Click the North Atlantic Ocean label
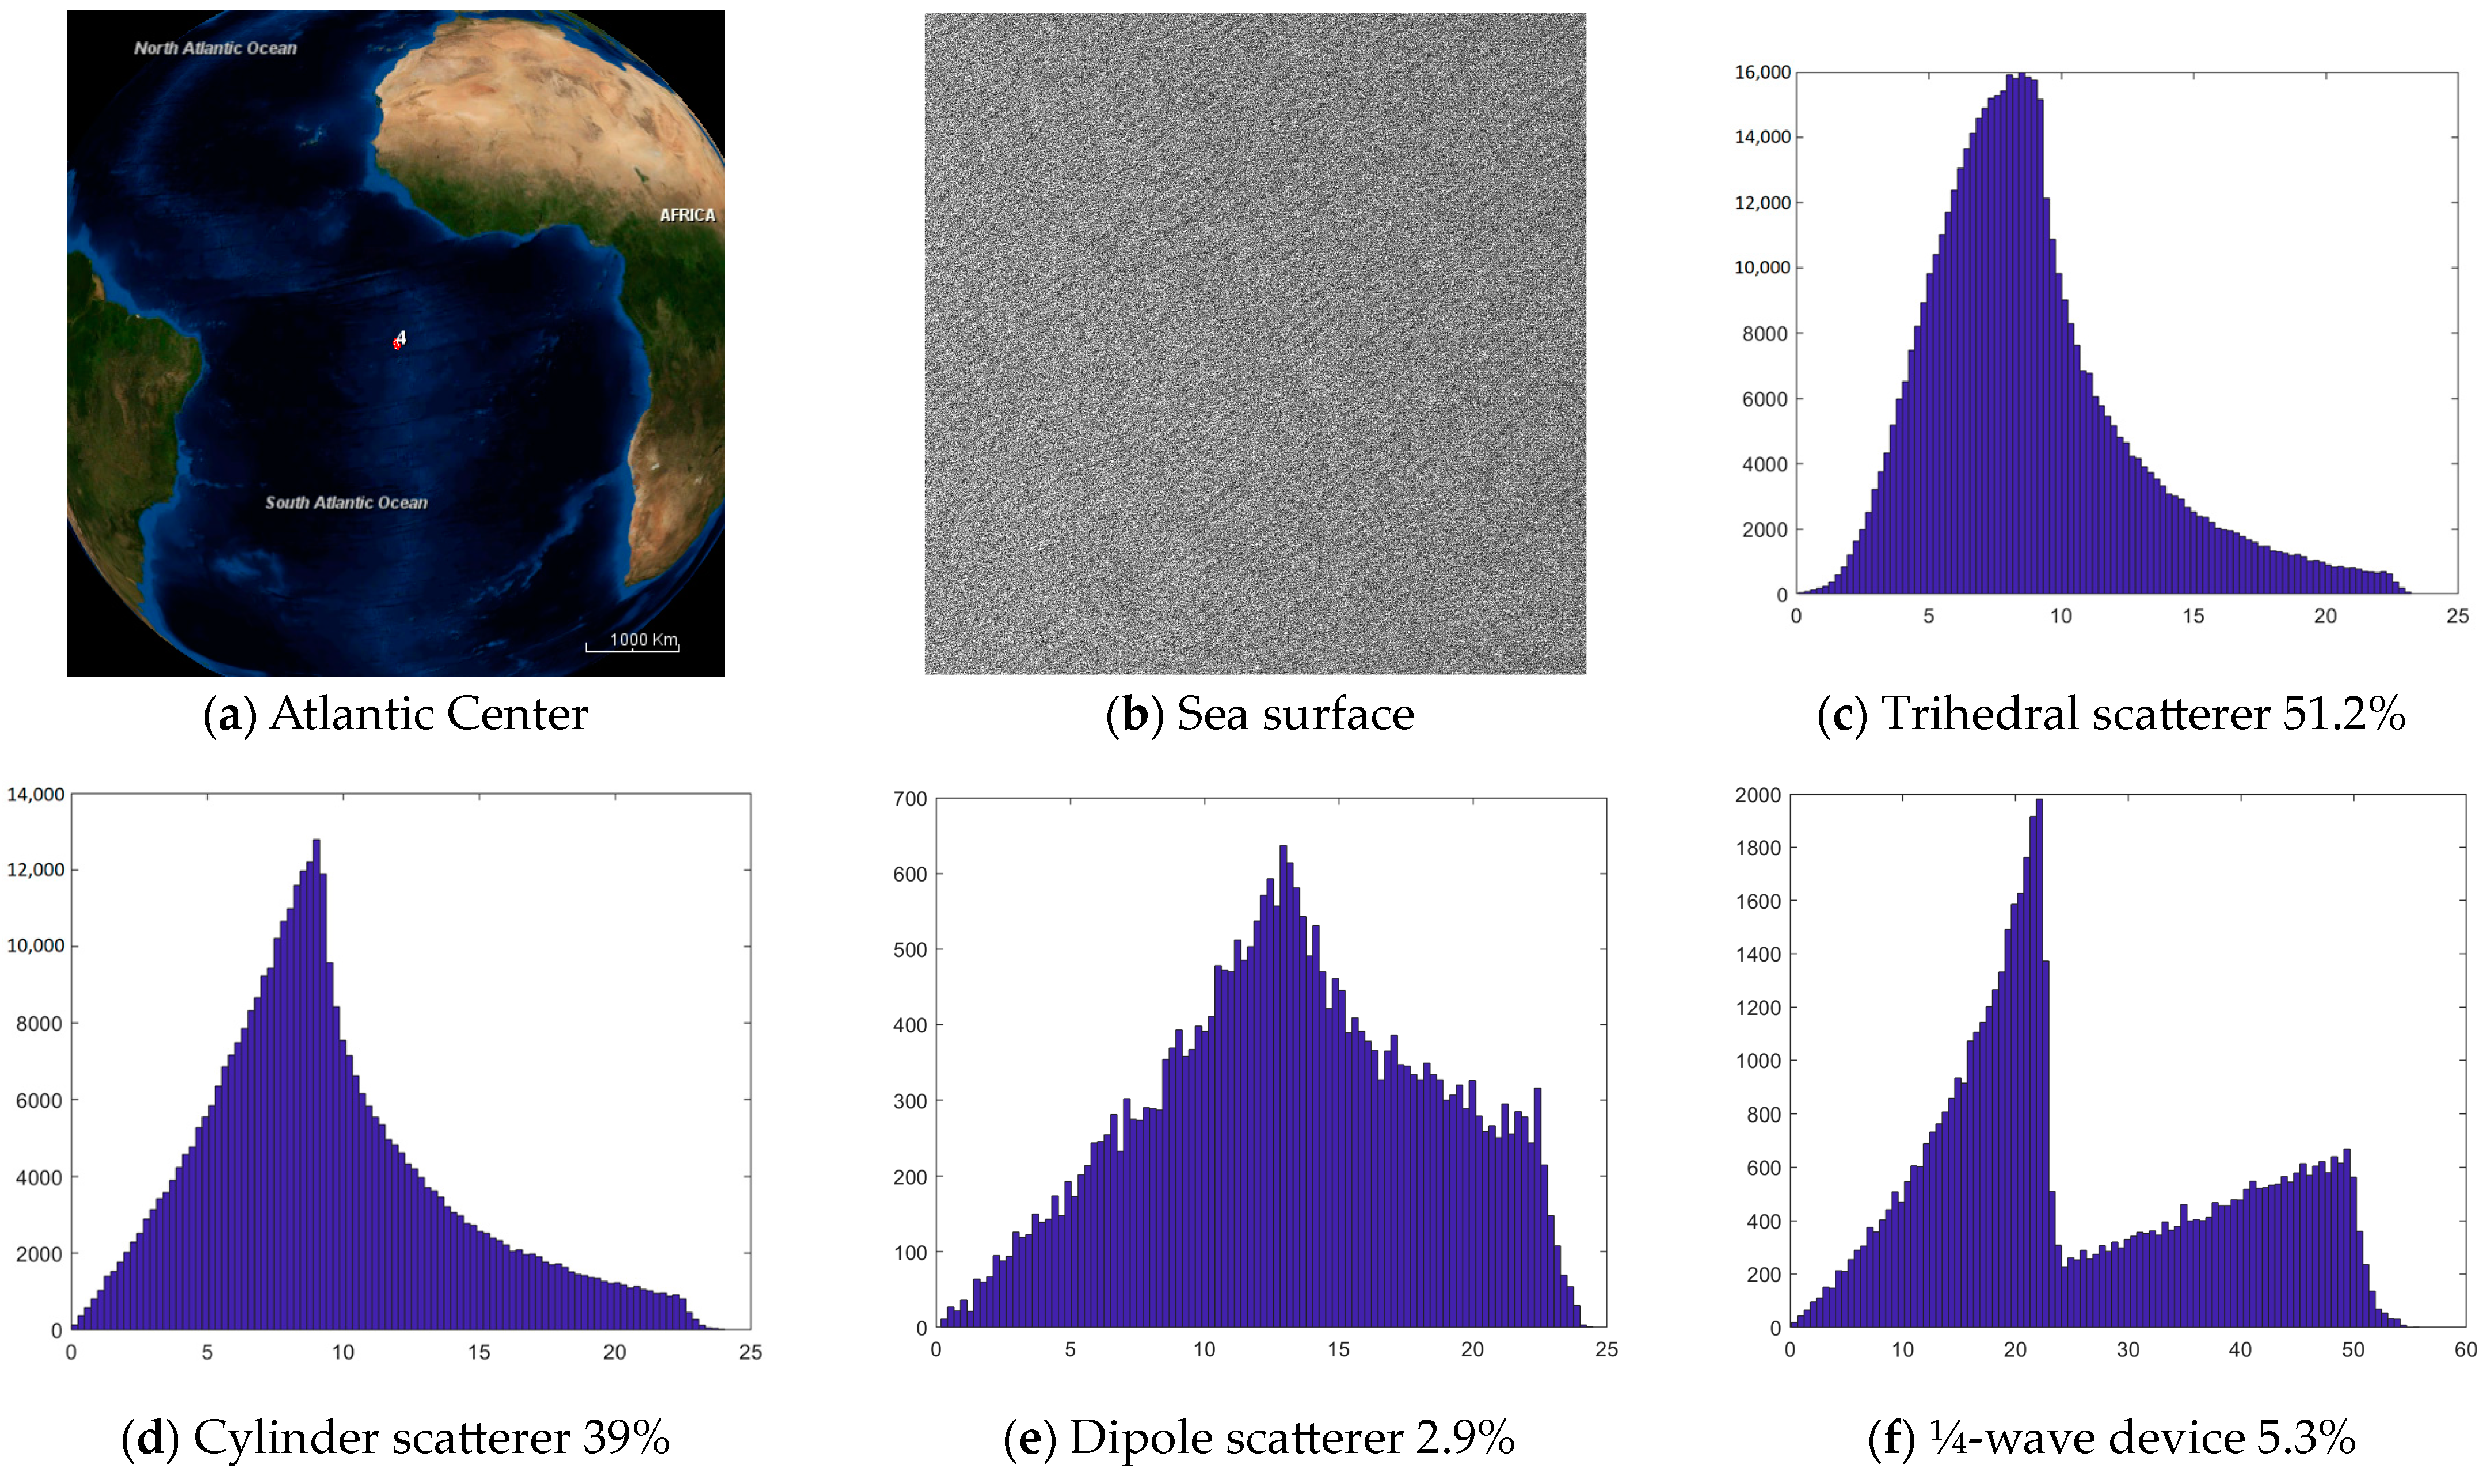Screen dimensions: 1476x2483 [x=215, y=48]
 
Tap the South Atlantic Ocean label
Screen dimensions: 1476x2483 [x=345, y=504]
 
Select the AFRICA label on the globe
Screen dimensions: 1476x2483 [x=687, y=215]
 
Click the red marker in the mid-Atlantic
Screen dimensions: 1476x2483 [x=397, y=343]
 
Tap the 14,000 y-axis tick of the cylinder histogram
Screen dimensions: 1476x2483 [x=36, y=794]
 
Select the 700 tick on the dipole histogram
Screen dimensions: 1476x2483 [x=909, y=799]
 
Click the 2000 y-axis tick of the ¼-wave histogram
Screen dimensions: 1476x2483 [x=1757, y=795]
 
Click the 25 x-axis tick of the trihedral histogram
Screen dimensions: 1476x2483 [x=2457, y=616]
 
